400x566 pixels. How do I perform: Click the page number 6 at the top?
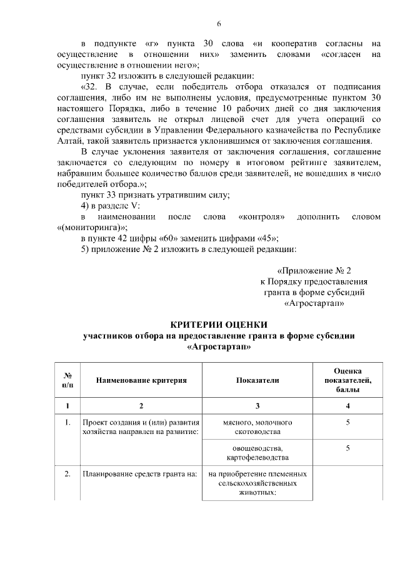pos(219,24)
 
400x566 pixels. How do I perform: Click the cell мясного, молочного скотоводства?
pos(257,427)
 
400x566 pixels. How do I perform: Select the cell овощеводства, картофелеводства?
pos(257,453)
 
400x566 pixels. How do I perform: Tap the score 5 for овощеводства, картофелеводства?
pos(347,448)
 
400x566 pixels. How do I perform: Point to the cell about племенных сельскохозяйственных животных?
pos(257,483)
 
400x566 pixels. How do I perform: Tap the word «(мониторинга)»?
pos(91,228)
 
